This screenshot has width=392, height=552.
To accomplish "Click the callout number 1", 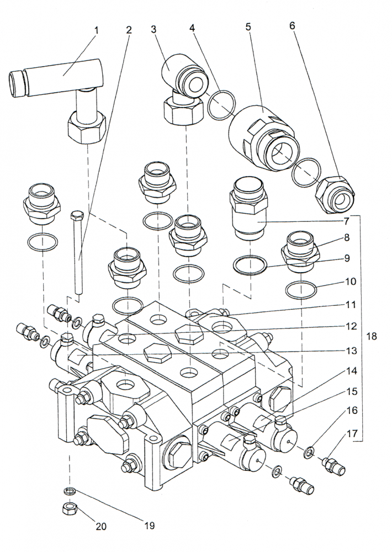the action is [96, 30].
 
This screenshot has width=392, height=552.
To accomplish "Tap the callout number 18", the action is [372, 336].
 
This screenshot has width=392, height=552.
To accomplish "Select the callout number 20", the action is [100, 526].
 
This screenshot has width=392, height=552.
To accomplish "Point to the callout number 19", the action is [149, 526].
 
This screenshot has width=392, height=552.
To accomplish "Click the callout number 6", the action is [292, 26].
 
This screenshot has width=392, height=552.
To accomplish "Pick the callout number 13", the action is [352, 351].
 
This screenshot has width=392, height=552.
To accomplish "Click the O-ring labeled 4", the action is [221, 105].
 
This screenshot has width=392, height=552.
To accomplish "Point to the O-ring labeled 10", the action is [301, 289].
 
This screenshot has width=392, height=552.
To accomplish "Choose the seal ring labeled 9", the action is [250, 265].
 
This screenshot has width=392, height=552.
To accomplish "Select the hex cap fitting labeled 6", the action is [335, 195].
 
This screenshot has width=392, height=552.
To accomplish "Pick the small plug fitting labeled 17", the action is [333, 466].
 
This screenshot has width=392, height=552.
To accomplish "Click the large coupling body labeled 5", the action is [264, 137].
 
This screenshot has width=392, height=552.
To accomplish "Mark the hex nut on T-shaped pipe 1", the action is [86, 127].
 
